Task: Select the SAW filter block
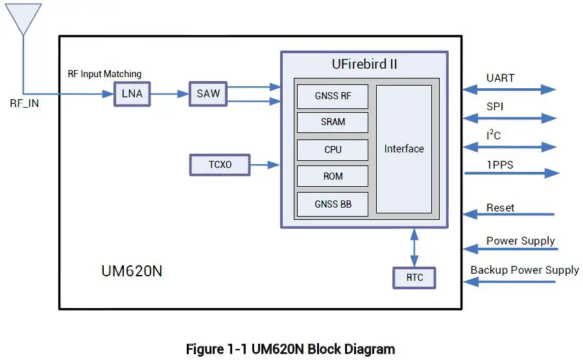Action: pyautogui.click(x=208, y=94)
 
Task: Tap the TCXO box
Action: pyautogui.click(x=220, y=165)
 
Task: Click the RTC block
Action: pyautogui.click(x=414, y=278)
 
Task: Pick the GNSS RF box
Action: pyautogui.click(x=333, y=96)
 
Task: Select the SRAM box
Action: pyautogui.click(x=333, y=122)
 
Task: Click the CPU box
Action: pyautogui.click(x=333, y=150)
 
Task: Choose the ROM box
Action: pyautogui.click(x=333, y=176)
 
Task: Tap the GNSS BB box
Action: pyautogui.click(x=333, y=204)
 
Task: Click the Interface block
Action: pyautogui.click(x=404, y=149)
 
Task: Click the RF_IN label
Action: pyautogui.click(x=24, y=103)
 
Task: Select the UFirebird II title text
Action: pyautogui.click(x=364, y=64)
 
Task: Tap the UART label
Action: pyautogui.click(x=500, y=78)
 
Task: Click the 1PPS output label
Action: pyautogui.click(x=499, y=165)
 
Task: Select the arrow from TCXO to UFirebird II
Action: pyautogui.click(x=265, y=165)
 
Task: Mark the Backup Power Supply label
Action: pyautogui.click(x=524, y=270)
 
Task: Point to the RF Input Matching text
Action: pyautogui.click(x=104, y=74)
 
